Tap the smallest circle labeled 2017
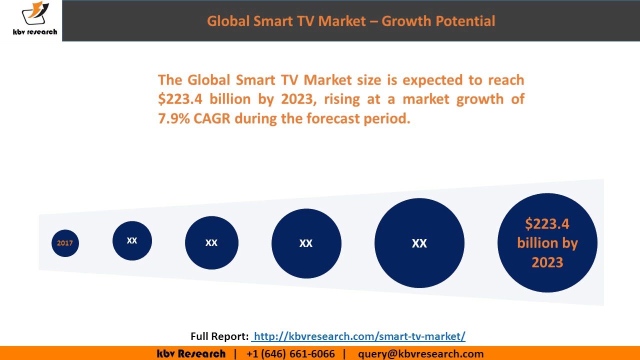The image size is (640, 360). (x=65, y=243)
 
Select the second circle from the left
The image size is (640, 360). (x=132, y=240)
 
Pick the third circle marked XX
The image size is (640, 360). (x=211, y=242)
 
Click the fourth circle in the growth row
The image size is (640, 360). (x=306, y=243)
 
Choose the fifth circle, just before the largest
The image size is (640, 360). (x=419, y=243)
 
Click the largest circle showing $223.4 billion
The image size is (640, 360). (x=547, y=243)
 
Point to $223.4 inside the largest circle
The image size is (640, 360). (x=547, y=223)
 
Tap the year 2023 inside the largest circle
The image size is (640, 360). (x=547, y=262)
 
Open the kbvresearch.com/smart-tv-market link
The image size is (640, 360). (x=359, y=336)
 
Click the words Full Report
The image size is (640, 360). (x=219, y=336)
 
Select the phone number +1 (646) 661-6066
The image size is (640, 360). (x=290, y=354)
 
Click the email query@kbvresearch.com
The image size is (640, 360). (x=420, y=354)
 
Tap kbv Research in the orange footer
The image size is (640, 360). (x=191, y=354)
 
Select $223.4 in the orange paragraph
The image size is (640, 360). (x=180, y=99)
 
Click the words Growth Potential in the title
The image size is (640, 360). (x=440, y=21)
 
